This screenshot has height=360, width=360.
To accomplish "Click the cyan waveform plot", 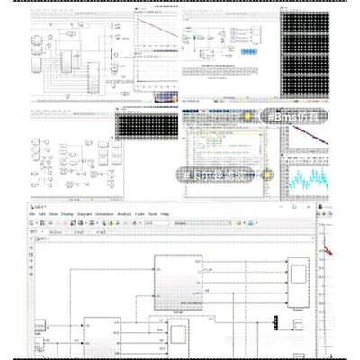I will (x=306, y=175).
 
